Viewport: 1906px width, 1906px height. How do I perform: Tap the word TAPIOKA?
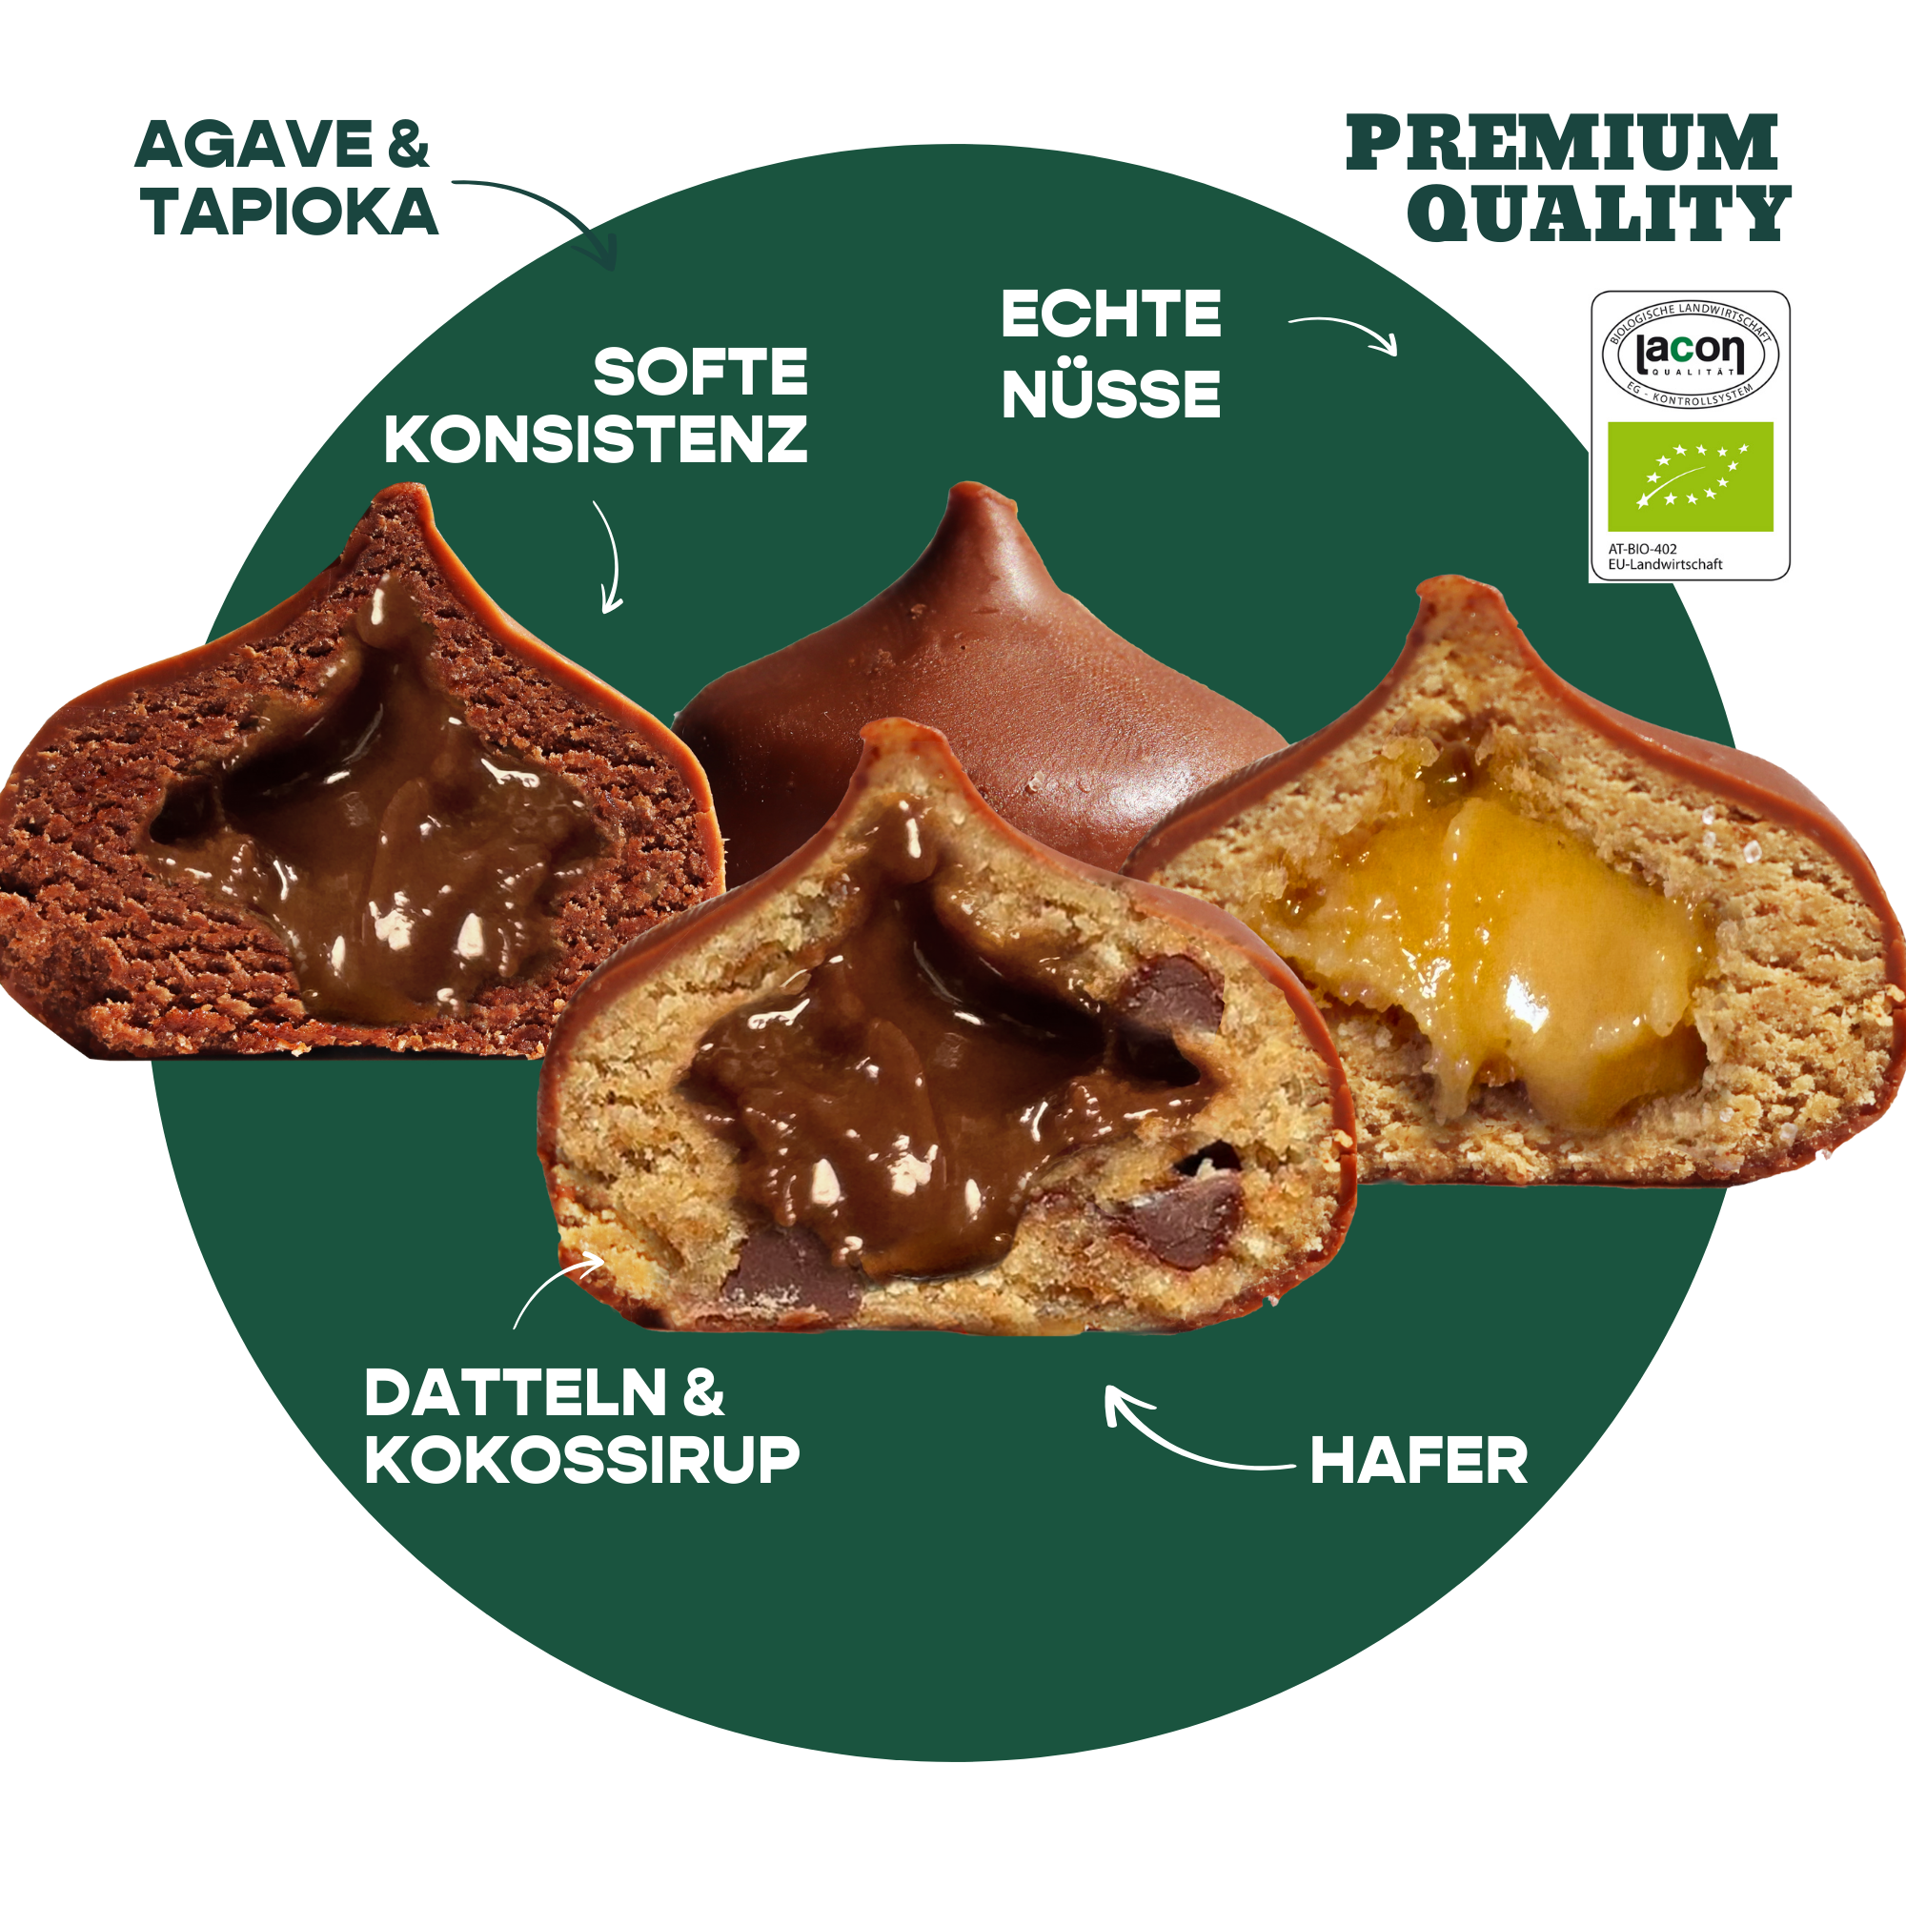click(x=289, y=212)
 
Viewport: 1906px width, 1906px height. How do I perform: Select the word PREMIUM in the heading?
click(x=1561, y=142)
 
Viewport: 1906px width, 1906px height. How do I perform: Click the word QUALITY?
click(x=1598, y=213)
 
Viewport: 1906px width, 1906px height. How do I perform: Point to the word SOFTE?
click(x=700, y=372)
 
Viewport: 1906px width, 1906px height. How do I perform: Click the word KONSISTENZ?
click(x=596, y=439)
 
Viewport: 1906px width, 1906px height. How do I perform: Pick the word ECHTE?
click(x=1111, y=314)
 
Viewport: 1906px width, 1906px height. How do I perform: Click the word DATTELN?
click(x=516, y=1393)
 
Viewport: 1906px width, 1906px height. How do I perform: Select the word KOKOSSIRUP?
click(x=582, y=1460)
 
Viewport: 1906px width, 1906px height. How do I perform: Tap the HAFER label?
click(x=1419, y=1461)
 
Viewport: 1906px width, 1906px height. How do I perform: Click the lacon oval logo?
click(x=1690, y=354)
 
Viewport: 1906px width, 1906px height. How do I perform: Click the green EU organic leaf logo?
click(x=1690, y=476)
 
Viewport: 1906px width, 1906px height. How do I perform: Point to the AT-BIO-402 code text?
click(x=1643, y=549)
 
